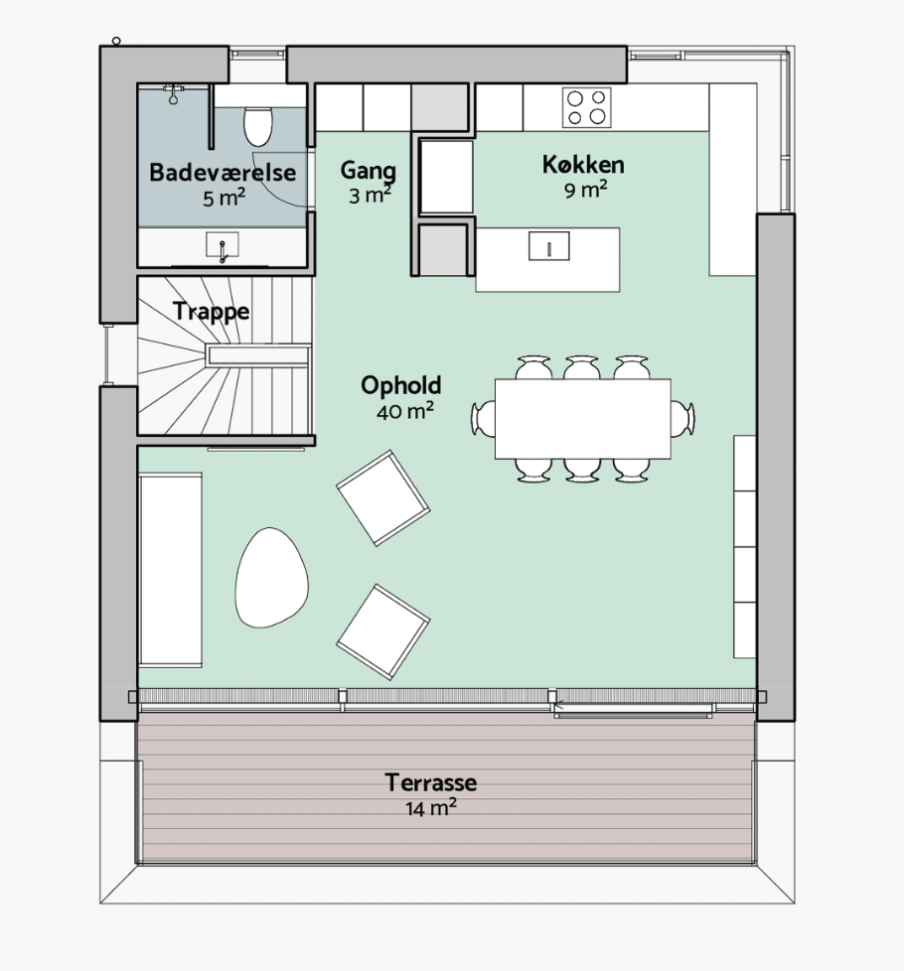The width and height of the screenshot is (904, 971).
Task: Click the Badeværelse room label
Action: [x=223, y=172]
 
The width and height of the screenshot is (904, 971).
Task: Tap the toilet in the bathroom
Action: [x=257, y=126]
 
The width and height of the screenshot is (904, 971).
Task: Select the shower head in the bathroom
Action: [x=174, y=93]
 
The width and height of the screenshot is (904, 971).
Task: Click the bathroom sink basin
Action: [x=223, y=245]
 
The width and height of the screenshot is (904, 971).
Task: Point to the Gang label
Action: [x=368, y=172]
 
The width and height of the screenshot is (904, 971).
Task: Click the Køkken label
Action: [x=583, y=165]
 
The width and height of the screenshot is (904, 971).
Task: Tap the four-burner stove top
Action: [x=587, y=107]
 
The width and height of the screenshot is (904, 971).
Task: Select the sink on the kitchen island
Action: [x=549, y=246]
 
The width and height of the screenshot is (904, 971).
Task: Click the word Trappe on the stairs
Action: [x=211, y=312]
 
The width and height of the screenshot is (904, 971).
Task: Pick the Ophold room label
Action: [x=401, y=385]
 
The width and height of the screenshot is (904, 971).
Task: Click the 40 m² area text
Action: [x=404, y=411]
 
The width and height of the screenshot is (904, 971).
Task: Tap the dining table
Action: [x=582, y=419]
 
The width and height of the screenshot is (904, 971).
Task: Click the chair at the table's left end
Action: [x=483, y=418]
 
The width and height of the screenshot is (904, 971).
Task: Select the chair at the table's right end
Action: [x=682, y=418]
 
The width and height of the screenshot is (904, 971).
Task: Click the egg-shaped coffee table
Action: [x=271, y=577]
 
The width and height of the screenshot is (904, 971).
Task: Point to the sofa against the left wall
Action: [x=170, y=570]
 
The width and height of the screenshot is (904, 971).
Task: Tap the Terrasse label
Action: [x=430, y=782]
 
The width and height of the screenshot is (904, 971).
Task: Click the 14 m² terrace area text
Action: [x=431, y=807]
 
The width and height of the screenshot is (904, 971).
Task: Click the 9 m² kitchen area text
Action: [x=585, y=189]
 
